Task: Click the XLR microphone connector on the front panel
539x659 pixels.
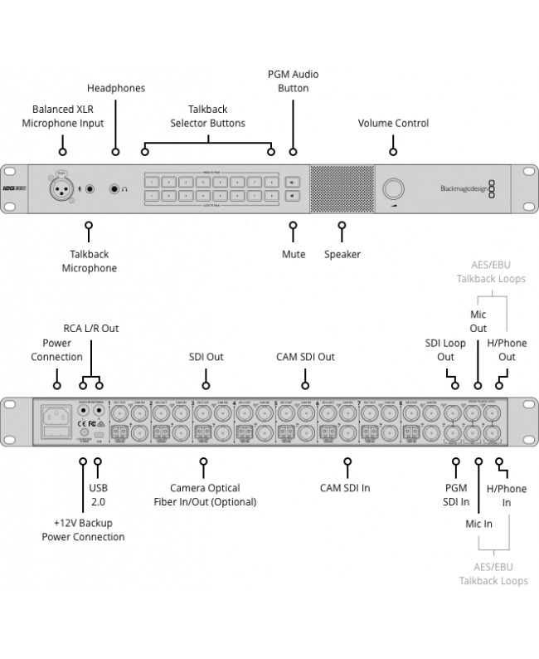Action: coord(60,188)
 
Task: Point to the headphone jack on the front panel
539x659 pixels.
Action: coord(115,189)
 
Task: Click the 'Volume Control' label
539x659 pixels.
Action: coord(393,123)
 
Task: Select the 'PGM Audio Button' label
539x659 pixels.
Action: coord(293,81)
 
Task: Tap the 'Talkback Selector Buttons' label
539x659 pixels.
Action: coord(207,116)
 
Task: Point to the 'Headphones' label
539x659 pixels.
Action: coord(115,88)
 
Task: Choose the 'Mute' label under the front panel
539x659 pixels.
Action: coord(293,254)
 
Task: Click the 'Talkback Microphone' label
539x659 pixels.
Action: coord(89,261)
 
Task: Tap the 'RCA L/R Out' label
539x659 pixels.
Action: coord(91,328)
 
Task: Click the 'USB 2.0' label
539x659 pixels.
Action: coord(98,495)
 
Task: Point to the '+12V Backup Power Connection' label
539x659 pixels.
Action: coord(83,529)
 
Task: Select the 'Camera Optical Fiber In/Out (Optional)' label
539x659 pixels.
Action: coord(204,495)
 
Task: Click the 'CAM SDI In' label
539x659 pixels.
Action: coord(345,488)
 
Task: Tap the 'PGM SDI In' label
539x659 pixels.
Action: coord(456,495)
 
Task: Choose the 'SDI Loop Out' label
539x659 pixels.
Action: coord(445,349)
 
